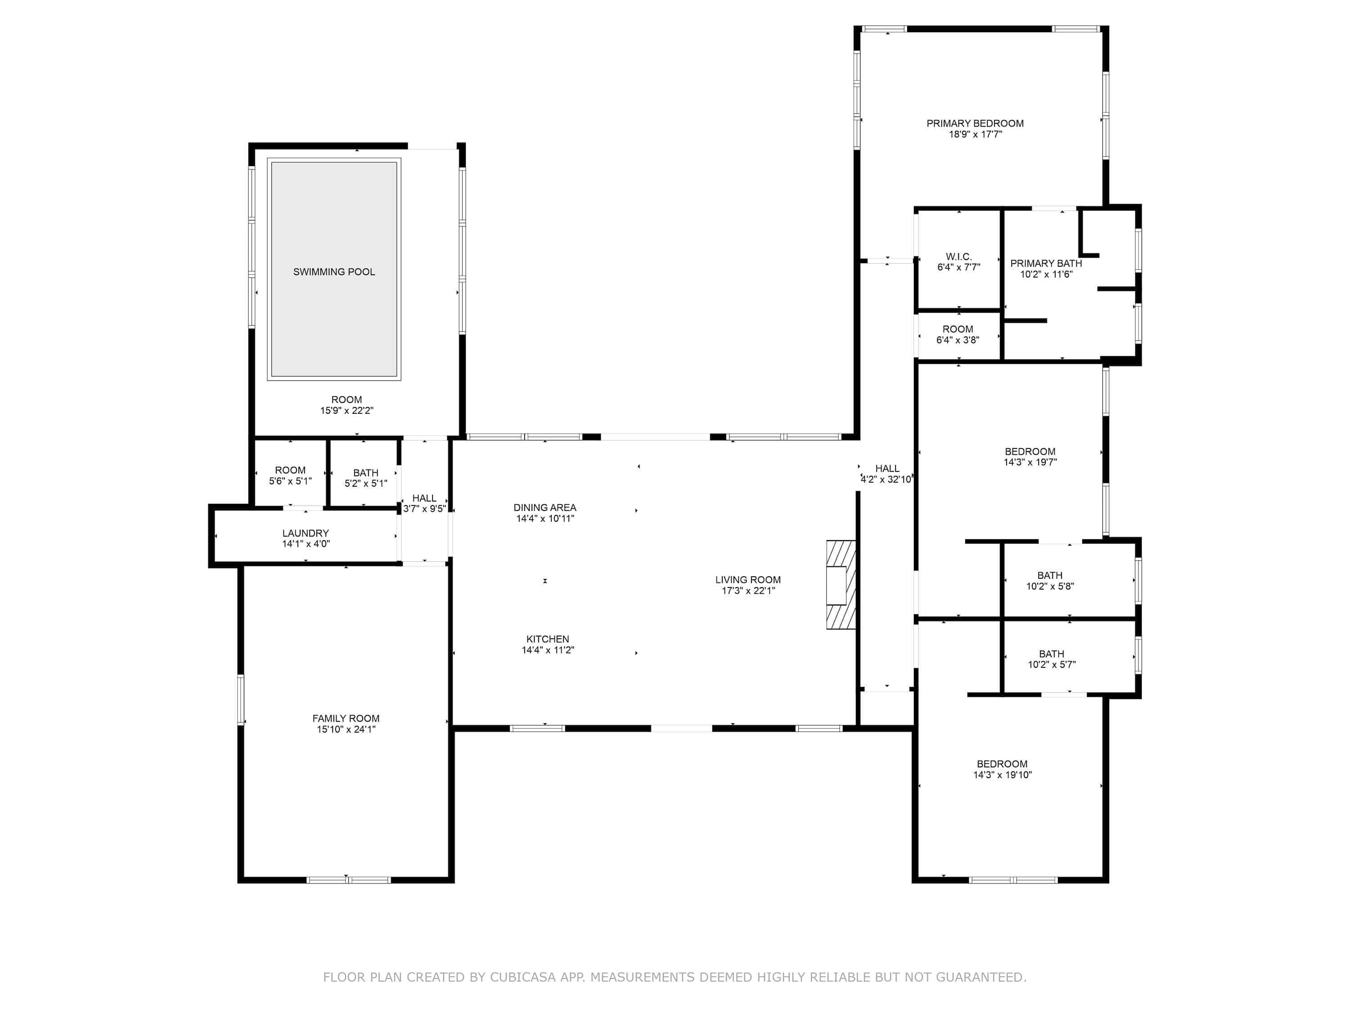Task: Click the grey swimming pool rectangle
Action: [x=334, y=269]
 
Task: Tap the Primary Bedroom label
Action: [x=975, y=123]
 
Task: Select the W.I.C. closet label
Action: [x=958, y=257]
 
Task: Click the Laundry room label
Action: [x=305, y=533]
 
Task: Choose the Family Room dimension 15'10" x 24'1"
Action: [x=346, y=729]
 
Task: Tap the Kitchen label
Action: [x=548, y=639]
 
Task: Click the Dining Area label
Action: [x=544, y=507]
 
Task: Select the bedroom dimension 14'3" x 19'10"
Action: [x=1002, y=775]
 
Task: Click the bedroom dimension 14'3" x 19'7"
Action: [x=1030, y=462]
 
